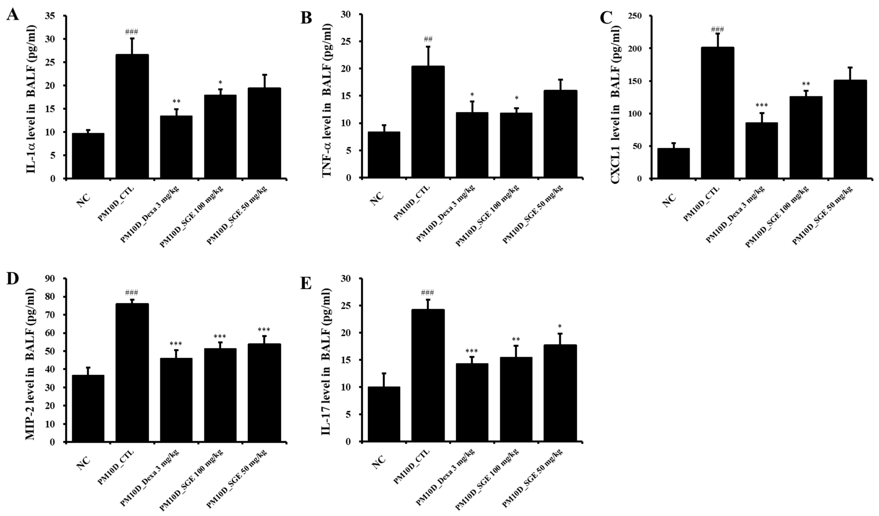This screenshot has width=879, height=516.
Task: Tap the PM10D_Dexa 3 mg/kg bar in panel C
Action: click(762, 150)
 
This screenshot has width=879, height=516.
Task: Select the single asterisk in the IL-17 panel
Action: click(560, 327)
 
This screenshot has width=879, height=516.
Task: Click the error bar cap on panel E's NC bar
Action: click(384, 373)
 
